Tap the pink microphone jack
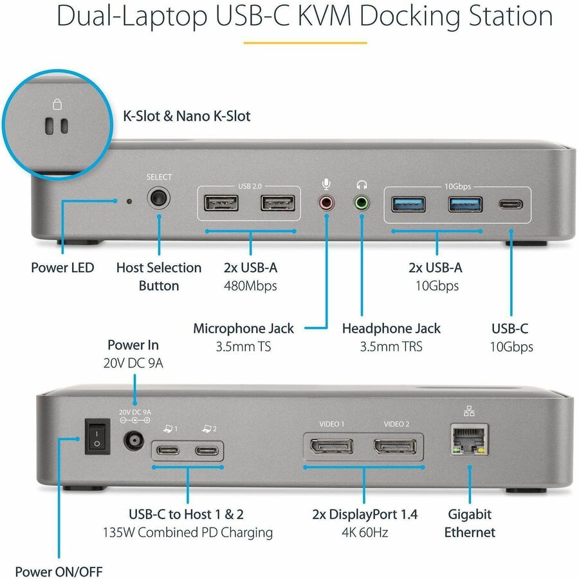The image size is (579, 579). [327, 204]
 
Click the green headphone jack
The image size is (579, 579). [363, 204]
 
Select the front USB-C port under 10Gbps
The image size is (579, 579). [511, 205]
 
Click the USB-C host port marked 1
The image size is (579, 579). [170, 450]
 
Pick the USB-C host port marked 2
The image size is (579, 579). [207, 450]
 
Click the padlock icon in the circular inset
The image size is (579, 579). [57, 104]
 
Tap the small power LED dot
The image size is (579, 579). [129, 201]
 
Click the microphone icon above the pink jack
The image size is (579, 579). [327, 184]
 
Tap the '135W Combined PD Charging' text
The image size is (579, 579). [188, 533]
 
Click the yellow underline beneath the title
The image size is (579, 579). [304, 43]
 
